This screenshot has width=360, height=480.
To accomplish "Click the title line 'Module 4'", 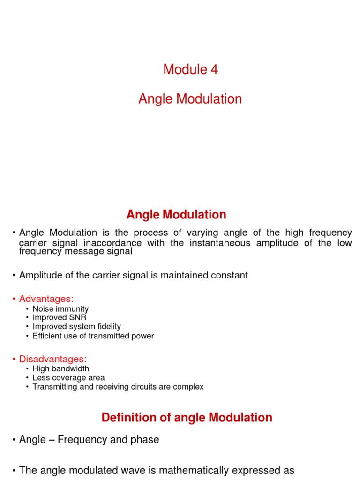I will (190, 69).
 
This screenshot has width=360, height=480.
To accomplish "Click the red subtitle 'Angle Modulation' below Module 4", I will (190, 99).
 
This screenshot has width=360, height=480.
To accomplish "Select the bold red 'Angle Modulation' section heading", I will (176, 215).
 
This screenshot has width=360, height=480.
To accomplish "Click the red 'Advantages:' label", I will (46, 299).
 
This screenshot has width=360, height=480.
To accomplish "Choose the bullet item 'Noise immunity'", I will (60, 309).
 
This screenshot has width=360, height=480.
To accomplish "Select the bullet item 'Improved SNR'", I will (60, 318).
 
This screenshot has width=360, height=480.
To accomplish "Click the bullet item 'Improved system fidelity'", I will (76, 327).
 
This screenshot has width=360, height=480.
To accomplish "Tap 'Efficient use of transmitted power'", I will (93, 336).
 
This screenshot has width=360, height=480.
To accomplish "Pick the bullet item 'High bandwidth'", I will (61, 369).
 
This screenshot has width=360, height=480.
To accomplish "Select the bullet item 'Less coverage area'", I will (68, 378).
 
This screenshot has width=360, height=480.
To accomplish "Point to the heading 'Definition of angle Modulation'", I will (187, 418).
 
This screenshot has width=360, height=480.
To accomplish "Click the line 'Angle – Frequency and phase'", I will (89, 440).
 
